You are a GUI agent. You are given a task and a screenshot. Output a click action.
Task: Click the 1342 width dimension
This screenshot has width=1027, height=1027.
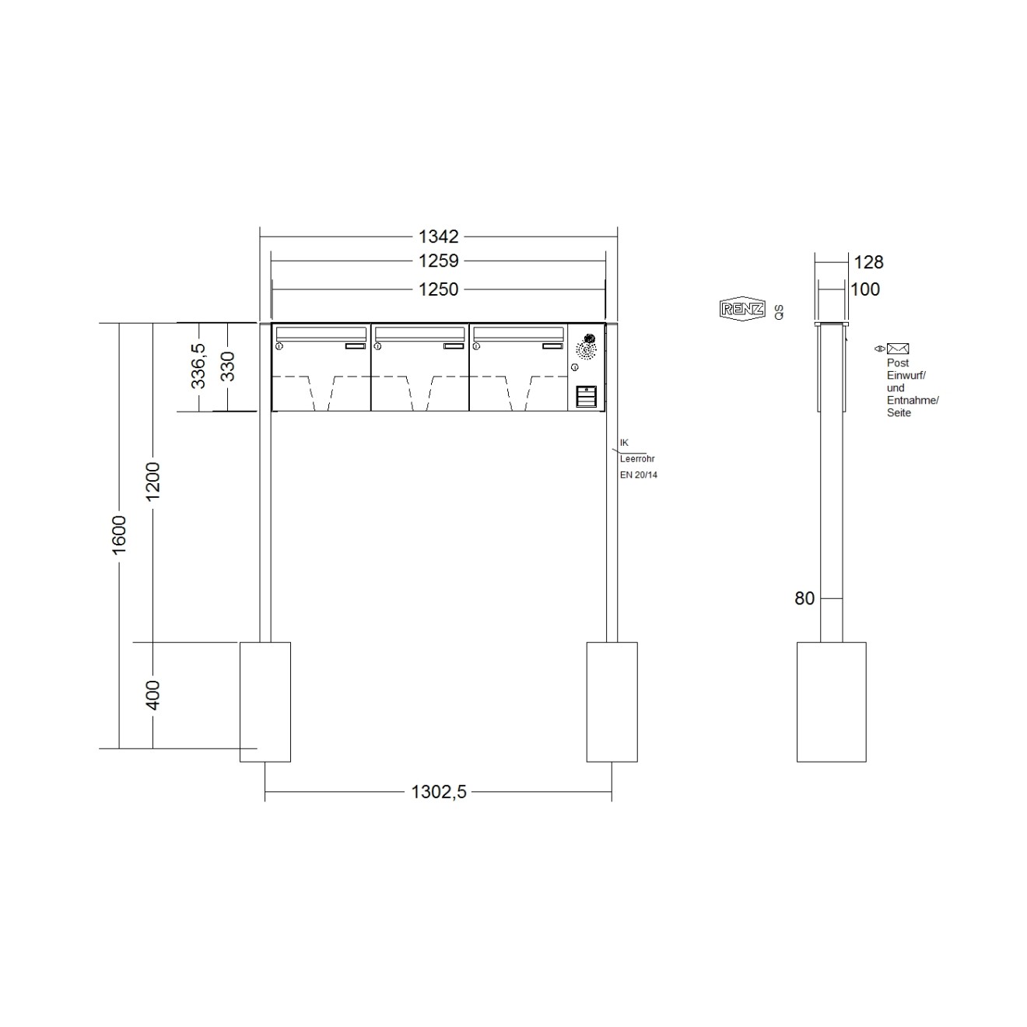439,237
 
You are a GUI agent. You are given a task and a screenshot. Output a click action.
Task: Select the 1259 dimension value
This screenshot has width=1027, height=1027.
439,261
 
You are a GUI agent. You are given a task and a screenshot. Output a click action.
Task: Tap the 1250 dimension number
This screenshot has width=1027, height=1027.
439,289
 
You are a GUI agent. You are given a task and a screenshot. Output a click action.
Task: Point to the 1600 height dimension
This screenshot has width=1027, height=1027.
119,535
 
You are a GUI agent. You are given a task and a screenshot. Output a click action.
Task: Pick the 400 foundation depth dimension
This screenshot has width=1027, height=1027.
153,695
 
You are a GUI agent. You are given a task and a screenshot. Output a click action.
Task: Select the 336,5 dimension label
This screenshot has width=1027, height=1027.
198,366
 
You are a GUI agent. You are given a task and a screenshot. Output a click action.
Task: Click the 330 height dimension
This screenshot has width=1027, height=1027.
227,366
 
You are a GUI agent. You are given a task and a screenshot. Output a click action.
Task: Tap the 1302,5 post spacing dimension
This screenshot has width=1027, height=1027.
439,792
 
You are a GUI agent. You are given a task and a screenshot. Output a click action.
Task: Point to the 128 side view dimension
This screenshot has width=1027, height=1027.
868,262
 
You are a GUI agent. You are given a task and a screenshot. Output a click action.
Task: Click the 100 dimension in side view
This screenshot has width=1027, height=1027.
864,289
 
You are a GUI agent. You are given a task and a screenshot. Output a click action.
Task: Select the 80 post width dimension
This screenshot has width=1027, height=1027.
804,598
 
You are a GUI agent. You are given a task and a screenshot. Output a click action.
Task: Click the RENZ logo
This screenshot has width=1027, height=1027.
743,309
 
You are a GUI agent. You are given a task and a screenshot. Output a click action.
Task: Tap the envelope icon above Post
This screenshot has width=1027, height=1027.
898,349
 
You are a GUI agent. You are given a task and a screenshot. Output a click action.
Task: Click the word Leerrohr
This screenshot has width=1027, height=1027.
637,459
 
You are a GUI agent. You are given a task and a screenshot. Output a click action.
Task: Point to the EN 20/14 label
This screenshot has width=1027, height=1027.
639,475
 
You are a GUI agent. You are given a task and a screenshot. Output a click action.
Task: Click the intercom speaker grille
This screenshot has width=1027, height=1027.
587,348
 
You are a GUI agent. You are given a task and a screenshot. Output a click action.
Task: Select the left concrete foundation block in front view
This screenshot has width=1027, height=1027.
265,702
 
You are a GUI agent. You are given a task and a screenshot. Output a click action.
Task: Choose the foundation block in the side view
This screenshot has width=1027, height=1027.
831,702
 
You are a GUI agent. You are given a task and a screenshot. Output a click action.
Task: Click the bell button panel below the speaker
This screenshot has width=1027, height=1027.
587,397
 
